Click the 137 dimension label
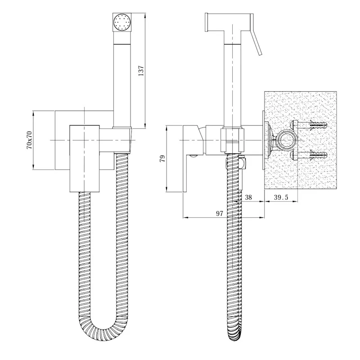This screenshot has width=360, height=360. [141, 71]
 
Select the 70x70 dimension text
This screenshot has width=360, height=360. [30, 140]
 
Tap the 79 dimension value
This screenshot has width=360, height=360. [162, 159]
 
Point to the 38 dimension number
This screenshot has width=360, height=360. [248, 197]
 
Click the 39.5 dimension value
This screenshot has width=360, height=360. [281, 197]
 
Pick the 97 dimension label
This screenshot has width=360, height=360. [220, 213]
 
